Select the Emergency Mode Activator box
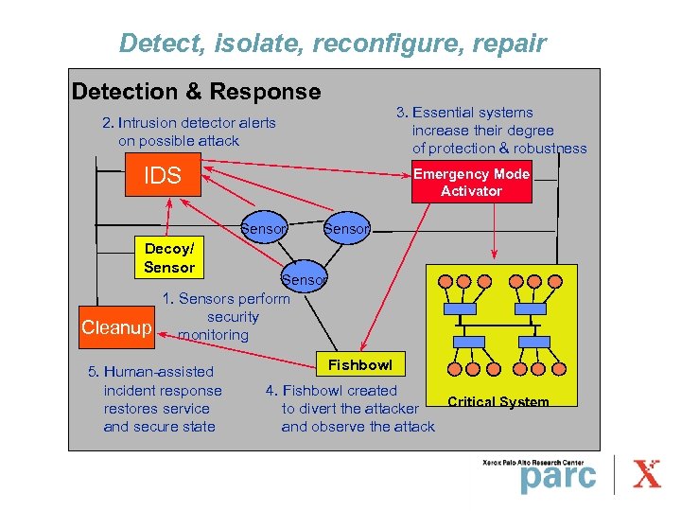[471, 182]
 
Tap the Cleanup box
[116, 327]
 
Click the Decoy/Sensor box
[169, 257]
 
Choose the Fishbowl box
[359, 364]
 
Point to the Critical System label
[498, 402]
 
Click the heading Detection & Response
[196, 92]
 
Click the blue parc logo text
[558, 477]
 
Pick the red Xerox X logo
[647, 474]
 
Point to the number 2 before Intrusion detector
[106, 123]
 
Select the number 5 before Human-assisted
[92, 372]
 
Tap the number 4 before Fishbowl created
[271, 390]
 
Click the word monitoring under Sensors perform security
[213, 335]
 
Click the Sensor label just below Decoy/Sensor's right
[304, 279]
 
